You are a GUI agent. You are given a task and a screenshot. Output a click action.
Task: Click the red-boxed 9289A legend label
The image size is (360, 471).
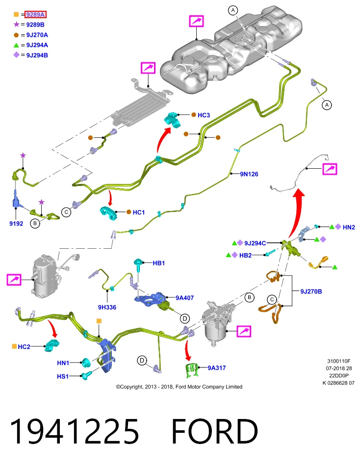[x=35, y=14]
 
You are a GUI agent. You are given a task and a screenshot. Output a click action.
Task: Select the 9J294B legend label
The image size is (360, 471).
[x=37, y=55]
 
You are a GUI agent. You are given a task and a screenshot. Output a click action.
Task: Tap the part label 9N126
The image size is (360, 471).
[x=249, y=174]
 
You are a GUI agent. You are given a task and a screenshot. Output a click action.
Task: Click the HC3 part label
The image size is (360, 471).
[x=204, y=115]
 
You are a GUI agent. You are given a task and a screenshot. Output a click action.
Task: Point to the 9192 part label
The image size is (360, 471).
[x=16, y=224]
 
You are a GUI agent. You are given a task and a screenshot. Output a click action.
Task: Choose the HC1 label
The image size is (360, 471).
[x=139, y=212]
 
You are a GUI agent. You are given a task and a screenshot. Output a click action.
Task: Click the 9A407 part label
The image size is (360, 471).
[x=184, y=298]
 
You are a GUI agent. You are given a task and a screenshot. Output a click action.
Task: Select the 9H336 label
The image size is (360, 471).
[x=107, y=307]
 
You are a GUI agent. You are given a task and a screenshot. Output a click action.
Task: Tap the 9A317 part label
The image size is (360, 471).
[x=217, y=367]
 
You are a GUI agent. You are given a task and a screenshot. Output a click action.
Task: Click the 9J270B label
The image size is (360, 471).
[x=311, y=291]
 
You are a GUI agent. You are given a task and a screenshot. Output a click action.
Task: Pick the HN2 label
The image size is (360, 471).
[x=349, y=227]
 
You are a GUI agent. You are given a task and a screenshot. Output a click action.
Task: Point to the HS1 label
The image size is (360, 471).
[x=63, y=376]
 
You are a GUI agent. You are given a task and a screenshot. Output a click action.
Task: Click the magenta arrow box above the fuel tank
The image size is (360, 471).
[x=196, y=21]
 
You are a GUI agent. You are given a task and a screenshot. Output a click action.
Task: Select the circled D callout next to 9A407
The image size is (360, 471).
[x=184, y=318]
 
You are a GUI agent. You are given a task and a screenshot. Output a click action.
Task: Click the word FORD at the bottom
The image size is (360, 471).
[x=215, y=432]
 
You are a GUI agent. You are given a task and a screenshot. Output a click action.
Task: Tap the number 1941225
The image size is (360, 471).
[x=75, y=432]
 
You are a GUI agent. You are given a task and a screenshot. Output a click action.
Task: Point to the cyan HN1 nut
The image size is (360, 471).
[x=86, y=363]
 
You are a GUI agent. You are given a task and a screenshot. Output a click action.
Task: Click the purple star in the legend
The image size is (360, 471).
[x=16, y=25]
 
